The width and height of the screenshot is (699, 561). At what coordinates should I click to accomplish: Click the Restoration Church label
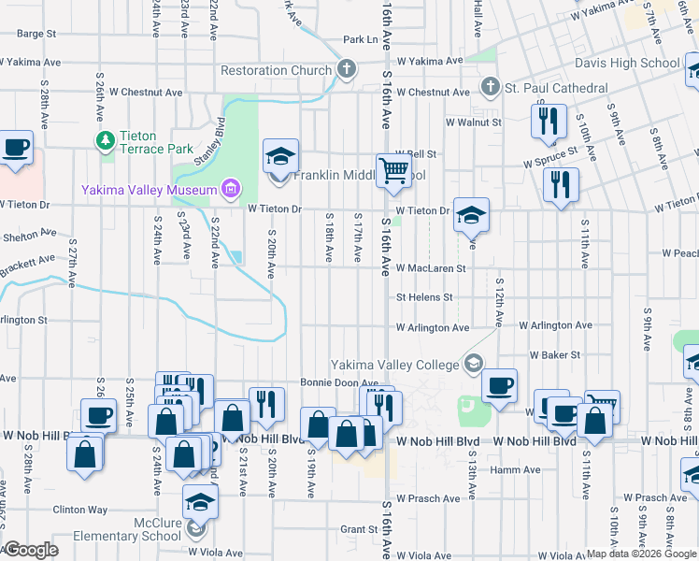[276, 70]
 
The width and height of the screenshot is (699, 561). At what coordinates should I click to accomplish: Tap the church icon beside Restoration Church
[347, 69]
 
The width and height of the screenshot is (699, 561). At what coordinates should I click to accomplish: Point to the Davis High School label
[634, 64]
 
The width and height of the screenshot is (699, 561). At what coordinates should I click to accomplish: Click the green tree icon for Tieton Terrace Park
[105, 140]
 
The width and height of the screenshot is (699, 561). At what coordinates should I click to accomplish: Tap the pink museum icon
[230, 191]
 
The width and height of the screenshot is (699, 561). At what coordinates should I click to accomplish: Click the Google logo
[31, 550]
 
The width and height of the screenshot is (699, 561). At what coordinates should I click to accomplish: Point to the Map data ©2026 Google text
[640, 554]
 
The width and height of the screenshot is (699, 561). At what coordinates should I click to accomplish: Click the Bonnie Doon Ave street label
[338, 382]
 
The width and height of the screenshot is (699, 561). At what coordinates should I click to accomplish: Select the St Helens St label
[424, 297]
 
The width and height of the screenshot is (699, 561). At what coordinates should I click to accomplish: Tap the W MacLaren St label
[430, 267]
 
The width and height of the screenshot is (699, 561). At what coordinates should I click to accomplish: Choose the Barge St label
[36, 33]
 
